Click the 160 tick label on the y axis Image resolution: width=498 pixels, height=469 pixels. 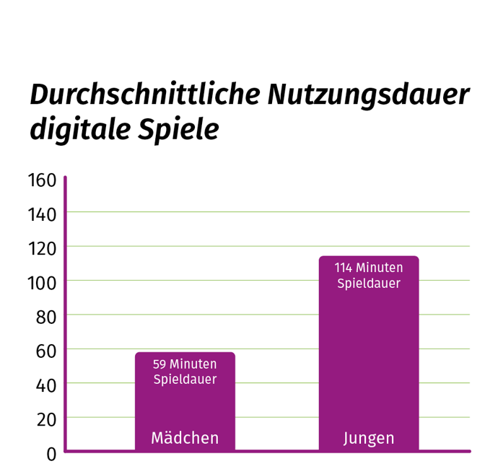pyautogui.click(x=42, y=180)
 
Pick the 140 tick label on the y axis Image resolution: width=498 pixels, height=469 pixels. pyautogui.click(x=42, y=214)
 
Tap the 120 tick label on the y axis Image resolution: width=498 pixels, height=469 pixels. pyautogui.click(x=42, y=248)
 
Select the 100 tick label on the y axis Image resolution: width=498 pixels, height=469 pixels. pyautogui.click(x=42, y=283)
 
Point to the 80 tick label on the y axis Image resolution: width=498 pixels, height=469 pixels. pyautogui.click(x=45, y=317)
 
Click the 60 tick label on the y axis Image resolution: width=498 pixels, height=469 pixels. pyautogui.click(x=45, y=351)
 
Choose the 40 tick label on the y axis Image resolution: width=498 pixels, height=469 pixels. pyautogui.click(x=45, y=385)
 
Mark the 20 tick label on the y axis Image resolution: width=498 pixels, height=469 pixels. pyautogui.click(x=45, y=419)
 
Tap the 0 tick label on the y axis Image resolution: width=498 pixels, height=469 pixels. pyautogui.click(x=51, y=454)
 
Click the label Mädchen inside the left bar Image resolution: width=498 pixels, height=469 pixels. pyautogui.click(x=185, y=438)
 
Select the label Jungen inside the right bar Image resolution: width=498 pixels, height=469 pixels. pyautogui.click(x=369, y=438)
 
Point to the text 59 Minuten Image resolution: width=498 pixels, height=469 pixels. pyautogui.click(x=185, y=364)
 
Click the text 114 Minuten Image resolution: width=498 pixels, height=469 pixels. pyautogui.click(x=369, y=268)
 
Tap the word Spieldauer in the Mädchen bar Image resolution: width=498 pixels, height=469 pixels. pyautogui.click(x=185, y=380)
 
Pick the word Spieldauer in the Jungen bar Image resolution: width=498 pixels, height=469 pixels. pyautogui.click(x=369, y=284)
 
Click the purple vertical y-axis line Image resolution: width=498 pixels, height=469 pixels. pyautogui.click(x=65, y=310)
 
